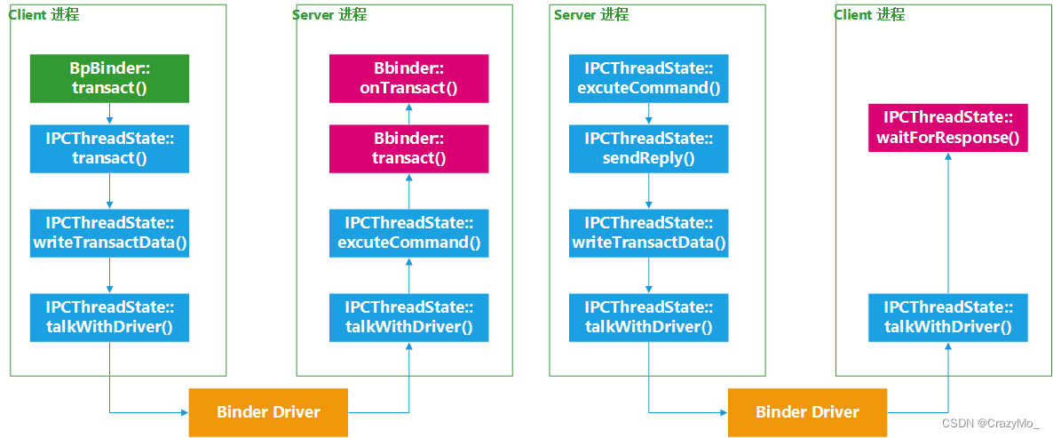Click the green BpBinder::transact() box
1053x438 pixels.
[x=109, y=78]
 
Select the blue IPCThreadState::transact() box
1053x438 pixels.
[x=109, y=148]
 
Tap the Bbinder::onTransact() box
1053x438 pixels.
[x=408, y=78]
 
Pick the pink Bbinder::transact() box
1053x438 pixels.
[x=408, y=148]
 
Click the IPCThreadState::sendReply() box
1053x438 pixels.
[x=648, y=148]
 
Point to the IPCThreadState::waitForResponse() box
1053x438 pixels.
[x=947, y=128]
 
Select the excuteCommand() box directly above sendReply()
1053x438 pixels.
[x=648, y=78]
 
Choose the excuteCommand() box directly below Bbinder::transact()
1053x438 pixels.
[x=408, y=233]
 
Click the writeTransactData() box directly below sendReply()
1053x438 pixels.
[x=648, y=233]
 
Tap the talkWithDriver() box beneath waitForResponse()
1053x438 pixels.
[x=947, y=317]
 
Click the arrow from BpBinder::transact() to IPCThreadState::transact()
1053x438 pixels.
[x=109, y=114]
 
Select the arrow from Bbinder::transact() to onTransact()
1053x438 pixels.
[x=408, y=114]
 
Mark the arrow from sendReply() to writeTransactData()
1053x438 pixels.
[x=648, y=191]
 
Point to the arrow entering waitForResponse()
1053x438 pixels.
[x=947, y=222]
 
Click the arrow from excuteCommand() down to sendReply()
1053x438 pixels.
[x=648, y=114]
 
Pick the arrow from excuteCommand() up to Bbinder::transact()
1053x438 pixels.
[x=408, y=191]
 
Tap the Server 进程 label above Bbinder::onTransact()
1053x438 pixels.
[x=329, y=15]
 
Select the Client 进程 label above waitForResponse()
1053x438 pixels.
[x=869, y=15]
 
